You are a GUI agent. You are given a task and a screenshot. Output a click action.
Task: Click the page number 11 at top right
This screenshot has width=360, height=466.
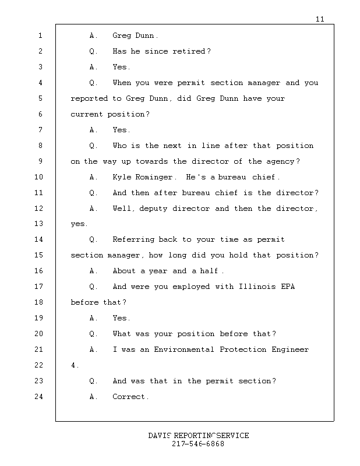(320, 19)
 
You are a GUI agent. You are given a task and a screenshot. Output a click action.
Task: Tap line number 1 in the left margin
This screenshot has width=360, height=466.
(40, 36)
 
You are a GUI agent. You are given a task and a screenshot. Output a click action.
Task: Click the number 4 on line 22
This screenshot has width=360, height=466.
(73, 365)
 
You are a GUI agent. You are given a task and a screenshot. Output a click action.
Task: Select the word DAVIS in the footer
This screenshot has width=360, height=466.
(160, 436)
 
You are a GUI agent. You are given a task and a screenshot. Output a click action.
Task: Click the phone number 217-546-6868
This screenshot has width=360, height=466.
(198, 444)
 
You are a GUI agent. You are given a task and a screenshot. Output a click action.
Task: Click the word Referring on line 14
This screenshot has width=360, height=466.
(133, 239)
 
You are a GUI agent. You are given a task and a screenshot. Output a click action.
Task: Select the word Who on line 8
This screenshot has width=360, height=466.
(119, 146)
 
